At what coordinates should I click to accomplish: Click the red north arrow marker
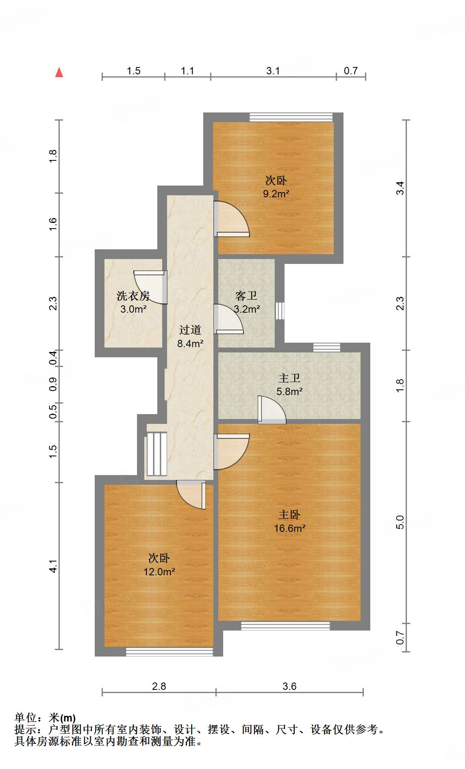click(x=59, y=72)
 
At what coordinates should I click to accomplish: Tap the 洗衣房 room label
click(x=133, y=296)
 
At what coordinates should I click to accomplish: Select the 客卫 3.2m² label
click(x=247, y=302)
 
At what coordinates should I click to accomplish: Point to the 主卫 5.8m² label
click(x=289, y=385)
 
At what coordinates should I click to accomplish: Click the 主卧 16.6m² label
click(x=289, y=521)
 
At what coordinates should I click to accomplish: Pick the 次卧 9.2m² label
click(x=276, y=187)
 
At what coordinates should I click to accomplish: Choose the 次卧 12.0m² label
click(x=159, y=565)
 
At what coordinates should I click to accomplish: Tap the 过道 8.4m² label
click(x=190, y=337)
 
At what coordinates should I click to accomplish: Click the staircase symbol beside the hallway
click(x=156, y=454)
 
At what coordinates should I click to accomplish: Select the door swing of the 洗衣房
click(x=151, y=287)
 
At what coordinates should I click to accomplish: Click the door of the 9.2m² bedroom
click(x=232, y=219)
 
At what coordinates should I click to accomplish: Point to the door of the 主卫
click(x=272, y=410)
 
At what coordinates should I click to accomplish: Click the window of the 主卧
click(x=285, y=626)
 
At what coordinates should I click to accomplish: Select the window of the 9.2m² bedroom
click(x=291, y=117)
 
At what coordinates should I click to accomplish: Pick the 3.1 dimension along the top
click(x=273, y=71)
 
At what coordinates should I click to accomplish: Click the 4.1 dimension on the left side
click(x=53, y=566)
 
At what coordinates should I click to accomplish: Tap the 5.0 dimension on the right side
click(x=400, y=522)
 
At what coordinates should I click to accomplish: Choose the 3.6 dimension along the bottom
click(x=289, y=686)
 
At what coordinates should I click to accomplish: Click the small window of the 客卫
click(x=280, y=311)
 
